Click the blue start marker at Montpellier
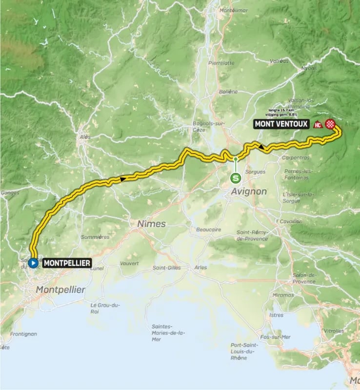[x=33, y=263]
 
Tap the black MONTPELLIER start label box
[x=67, y=263]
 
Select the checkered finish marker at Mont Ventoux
[x=330, y=124]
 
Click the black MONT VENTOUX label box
[x=281, y=124]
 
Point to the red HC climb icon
[x=318, y=124]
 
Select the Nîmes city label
[x=151, y=224]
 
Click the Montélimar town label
[x=231, y=10]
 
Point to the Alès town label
[x=85, y=137]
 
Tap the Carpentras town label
[x=296, y=157]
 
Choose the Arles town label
[x=200, y=267]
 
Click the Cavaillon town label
[x=291, y=221]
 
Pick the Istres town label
[x=276, y=315]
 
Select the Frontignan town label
[x=23, y=334]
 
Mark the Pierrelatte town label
[x=221, y=63]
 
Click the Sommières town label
[x=96, y=237]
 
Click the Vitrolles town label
[x=334, y=331]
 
